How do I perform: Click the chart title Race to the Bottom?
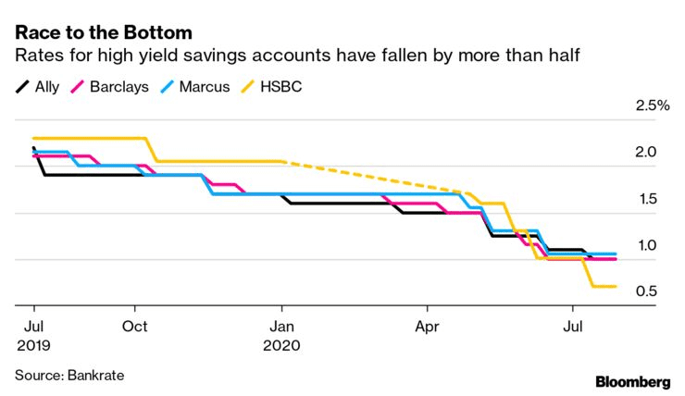point(104,32)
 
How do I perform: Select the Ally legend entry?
point(37,86)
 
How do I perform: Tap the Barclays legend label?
point(119,86)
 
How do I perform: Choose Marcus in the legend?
point(205,86)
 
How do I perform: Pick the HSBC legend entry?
point(280,86)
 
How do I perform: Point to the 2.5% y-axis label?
point(653,105)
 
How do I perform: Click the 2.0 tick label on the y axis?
point(646,152)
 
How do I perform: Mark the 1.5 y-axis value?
point(647,199)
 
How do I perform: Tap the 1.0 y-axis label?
point(647,245)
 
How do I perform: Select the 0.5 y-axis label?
point(646,291)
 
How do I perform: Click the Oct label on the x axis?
point(134,326)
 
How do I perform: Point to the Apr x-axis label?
point(427,327)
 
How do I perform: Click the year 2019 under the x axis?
point(33,345)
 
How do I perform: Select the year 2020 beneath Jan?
point(281,345)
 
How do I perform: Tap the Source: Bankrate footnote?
point(69,376)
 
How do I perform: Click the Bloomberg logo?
point(633,382)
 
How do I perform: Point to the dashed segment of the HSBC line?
point(371,177)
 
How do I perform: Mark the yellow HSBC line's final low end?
point(615,287)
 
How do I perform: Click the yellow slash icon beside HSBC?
point(247,86)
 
